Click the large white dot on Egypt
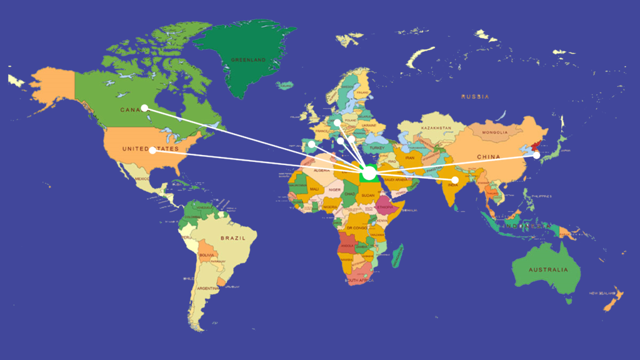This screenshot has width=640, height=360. click(369, 172)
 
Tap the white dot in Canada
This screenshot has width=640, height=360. click(144, 107)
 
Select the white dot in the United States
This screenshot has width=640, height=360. click(152, 150)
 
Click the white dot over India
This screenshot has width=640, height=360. click(455, 180)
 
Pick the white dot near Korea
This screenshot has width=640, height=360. click(536, 155)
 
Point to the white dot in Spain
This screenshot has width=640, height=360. click(312, 144)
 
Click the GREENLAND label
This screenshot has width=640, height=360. click(248, 60)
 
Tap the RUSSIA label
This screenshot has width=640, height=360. click(475, 97)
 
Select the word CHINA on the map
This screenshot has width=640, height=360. click(488, 156)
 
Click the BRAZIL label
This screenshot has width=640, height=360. click(232, 238)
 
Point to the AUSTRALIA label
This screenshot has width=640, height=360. click(547, 269)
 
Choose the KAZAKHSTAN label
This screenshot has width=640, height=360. click(436, 128)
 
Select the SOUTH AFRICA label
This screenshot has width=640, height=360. click(361, 281)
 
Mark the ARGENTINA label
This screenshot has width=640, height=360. click(208, 288)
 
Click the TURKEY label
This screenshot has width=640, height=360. click(378, 147)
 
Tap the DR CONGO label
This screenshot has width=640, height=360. click(357, 229)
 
